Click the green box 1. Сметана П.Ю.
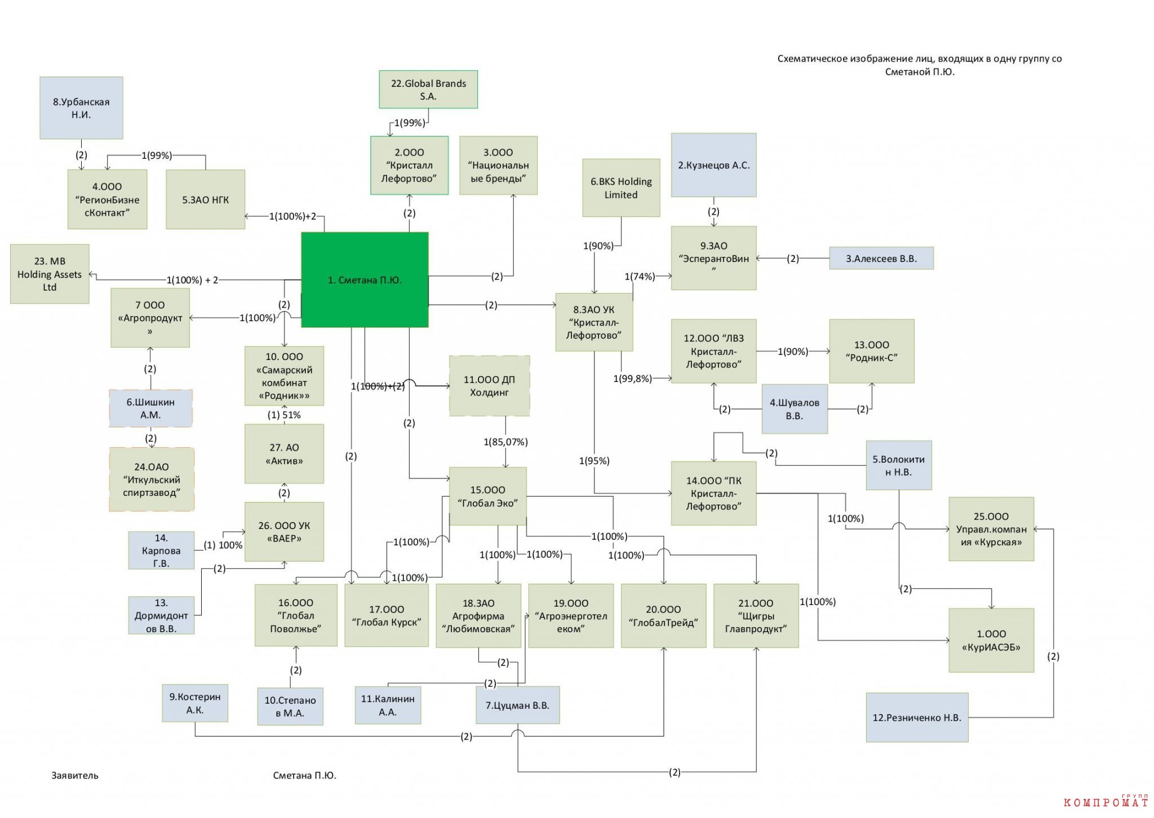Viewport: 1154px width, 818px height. click(365, 279)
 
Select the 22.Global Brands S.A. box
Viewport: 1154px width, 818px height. click(428, 89)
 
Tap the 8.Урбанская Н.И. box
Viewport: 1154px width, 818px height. click(81, 108)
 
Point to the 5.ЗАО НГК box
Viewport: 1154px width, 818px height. click(206, 199)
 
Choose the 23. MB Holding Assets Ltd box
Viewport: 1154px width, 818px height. click(50, 274)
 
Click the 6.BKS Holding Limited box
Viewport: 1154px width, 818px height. click(621, 188)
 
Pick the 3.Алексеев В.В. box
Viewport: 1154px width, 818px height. click(881, 259)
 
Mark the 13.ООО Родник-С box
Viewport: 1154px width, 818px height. click(872, 351)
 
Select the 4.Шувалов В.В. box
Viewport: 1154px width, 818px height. click(795, 409)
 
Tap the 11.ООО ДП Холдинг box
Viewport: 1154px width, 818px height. click(489, 386)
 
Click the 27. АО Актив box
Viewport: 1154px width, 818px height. click(284, 454)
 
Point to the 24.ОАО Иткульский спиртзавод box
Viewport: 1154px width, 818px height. click(152, 479)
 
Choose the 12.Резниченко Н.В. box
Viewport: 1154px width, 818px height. click(917, 717)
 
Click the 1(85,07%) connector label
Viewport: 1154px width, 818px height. click(505, 442)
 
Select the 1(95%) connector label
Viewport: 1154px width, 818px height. click(594, 461)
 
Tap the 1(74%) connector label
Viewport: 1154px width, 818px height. click(640, 276)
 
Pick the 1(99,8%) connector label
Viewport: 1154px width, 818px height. click(632, 379)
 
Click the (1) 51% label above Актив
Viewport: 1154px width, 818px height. click(284, 415)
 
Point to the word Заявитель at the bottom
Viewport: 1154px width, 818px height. click(75, 775)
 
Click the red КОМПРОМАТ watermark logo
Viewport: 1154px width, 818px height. click(1106, 801)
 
